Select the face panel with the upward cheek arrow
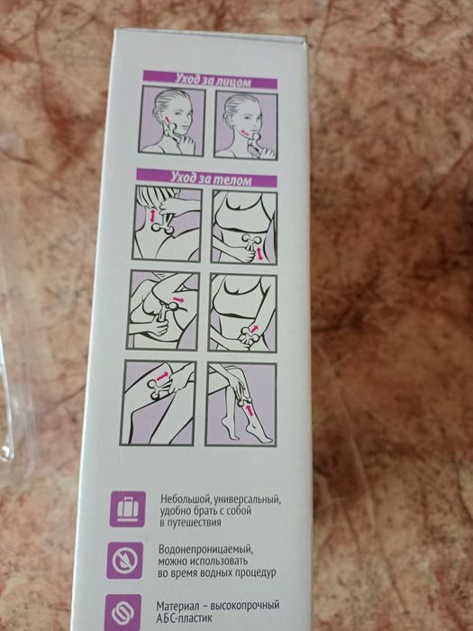pos(171,123)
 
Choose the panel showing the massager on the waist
pos(243,226)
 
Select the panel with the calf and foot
pos(241,403)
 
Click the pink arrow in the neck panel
pos(154,216)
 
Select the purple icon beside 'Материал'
pos(122,611)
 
